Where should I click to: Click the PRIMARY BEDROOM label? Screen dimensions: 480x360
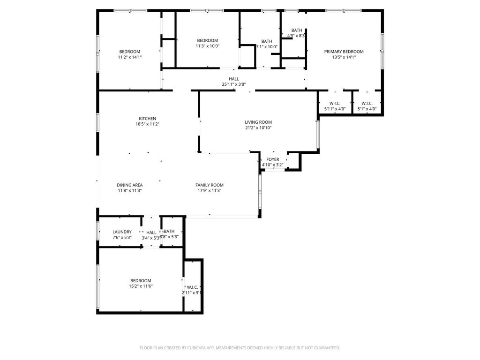point(344,52)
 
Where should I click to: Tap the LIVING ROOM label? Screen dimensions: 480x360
point(258,122)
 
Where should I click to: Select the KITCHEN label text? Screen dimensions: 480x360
point(147,119)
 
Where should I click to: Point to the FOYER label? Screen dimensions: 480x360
point(272,159)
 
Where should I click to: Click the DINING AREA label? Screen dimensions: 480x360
point(129,185)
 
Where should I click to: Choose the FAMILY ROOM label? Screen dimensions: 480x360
point(210,185)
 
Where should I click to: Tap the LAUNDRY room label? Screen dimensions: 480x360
point(122,232)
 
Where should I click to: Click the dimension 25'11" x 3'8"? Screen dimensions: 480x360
point(234,84)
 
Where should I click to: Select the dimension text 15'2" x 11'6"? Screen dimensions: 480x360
point(141,286)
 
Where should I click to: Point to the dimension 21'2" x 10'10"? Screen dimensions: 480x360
point(258,128)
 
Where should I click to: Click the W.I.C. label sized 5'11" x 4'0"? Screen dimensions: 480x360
point(335,104)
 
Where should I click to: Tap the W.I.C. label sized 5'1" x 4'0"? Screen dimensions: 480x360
point(367,104)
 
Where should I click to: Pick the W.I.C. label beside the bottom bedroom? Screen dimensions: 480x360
point(192,287)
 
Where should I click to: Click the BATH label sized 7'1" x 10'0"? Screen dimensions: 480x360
point(267,41)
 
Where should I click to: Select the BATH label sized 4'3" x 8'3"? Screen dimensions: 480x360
point(297,30)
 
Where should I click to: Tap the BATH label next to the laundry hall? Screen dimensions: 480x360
point(169,232)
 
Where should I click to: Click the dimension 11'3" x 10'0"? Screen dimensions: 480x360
point(208,46)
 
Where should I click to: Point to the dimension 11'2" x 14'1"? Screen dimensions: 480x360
point(130,57)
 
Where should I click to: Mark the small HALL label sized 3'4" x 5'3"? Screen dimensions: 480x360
point(151,232)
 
